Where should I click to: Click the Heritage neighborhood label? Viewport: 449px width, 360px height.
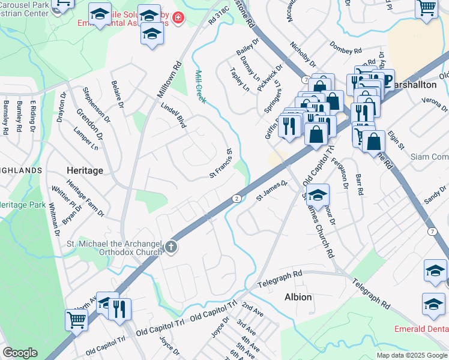85,170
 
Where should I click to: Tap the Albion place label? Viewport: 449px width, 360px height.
298,297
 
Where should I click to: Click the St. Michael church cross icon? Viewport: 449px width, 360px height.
171,246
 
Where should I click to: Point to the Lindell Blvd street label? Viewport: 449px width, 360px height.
173,115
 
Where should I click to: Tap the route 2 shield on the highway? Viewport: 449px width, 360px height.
237,198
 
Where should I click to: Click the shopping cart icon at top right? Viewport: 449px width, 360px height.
426,7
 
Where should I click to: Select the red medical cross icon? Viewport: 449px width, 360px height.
177,19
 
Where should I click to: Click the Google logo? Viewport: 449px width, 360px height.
20,353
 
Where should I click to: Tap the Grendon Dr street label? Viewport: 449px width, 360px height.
90,124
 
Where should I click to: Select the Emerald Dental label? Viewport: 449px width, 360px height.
421,329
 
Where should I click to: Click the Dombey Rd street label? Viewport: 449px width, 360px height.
345,48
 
